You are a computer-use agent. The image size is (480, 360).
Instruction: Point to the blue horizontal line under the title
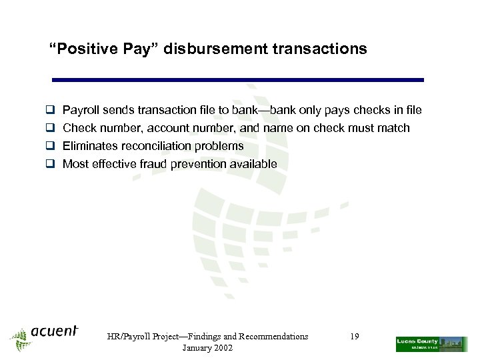238,80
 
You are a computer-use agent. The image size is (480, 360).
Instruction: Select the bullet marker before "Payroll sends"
49,110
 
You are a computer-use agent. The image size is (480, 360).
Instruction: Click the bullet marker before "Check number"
49,128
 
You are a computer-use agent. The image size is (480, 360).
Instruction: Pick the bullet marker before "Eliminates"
49,146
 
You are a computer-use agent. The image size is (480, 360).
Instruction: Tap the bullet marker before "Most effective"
49,164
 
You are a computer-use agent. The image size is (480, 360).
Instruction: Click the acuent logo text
55,331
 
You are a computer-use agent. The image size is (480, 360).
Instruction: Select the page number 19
354,337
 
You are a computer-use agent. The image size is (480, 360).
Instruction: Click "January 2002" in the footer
207,348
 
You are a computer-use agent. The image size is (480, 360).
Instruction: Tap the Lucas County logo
431,344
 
